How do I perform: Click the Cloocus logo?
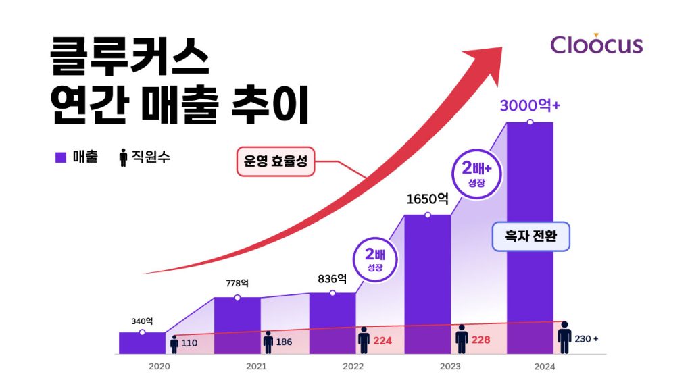click(596, 45)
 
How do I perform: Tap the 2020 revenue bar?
click(142, 343)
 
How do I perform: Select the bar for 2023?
click(427, 284)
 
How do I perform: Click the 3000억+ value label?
click(530, 106)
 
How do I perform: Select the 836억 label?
click(332, 278)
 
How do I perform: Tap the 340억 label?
click(142, 321)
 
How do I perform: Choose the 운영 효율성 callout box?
click(276, 162)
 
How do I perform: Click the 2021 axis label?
click(255, 367)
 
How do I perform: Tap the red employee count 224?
click(382, 341)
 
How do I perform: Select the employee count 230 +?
click(586, 338)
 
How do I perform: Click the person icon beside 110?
click(174, 344)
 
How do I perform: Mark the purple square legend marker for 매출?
click(60, 157)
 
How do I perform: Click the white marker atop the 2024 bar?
click(530, 122)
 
